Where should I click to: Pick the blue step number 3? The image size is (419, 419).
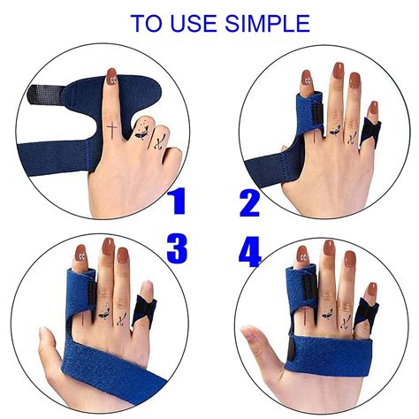[177, 248]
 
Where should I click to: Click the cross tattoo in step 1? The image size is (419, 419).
[112, 132]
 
